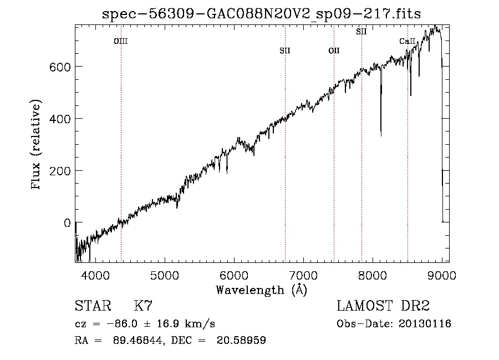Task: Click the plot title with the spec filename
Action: [x=262, y=14]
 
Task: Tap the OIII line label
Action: [x=121, y=41]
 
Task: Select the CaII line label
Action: [x=408, y=41]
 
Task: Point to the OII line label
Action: [x=334, y=51]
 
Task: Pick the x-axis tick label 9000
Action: [x=442, y=274]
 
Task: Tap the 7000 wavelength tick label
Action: [x=303, y=274]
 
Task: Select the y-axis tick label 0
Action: [x=67, y=223]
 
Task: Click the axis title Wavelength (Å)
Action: [x=261, y=290]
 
